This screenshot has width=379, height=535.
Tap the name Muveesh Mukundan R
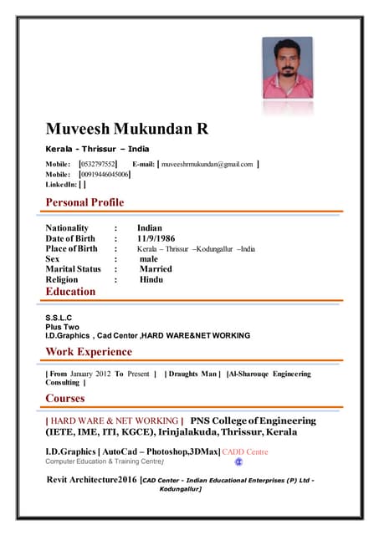[126, 130]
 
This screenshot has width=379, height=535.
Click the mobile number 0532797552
[97, 164]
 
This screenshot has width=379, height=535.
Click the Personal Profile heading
[85, 202]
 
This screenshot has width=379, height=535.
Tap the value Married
[156, 269]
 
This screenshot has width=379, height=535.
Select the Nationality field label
[67, 228]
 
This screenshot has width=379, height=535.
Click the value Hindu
[151, 280]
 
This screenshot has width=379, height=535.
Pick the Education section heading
[70, 292]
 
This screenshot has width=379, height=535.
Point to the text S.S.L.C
[59, 318]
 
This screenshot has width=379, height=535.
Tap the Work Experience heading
[89, 352]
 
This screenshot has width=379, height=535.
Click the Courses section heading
[65, 398]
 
